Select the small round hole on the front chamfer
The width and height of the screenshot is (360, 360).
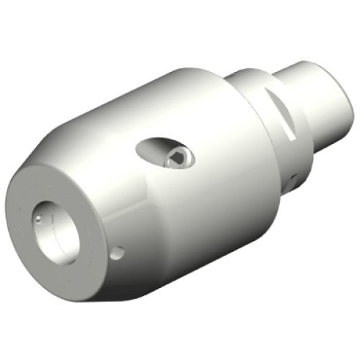(x=115, y=253)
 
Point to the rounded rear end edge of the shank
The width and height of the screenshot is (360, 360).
(x=339, y=110)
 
